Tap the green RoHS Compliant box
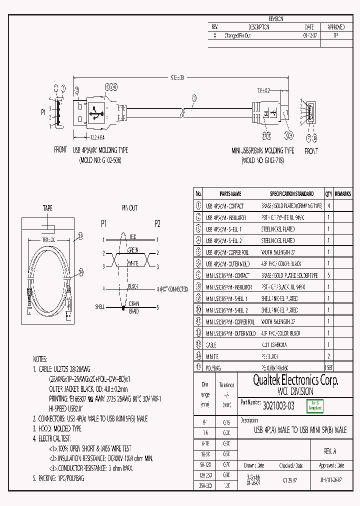pyautogui.click(x=315, y=406)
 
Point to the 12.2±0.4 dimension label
pyautogui.click(x=93, y=137)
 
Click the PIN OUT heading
pyautogui.click(x=129, y=208)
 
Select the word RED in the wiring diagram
pyautogui.click(x=133, y=236)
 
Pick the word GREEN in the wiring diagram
pyautogui.click(x=132, y=250)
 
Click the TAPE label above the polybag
pyautogui.click(x=47, y=208)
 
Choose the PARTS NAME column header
pyautogui.click(x=230, y=193)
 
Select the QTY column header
pyautogui.click(x=328, y=193)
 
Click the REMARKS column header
pyautogui.click(x=343, y=193)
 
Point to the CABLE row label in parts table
pyautogui.click(x=211, y=345)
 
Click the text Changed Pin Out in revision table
pyautogui.click(x=237, y=35)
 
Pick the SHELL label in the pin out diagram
pyautogui.click(x=100, y=306)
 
